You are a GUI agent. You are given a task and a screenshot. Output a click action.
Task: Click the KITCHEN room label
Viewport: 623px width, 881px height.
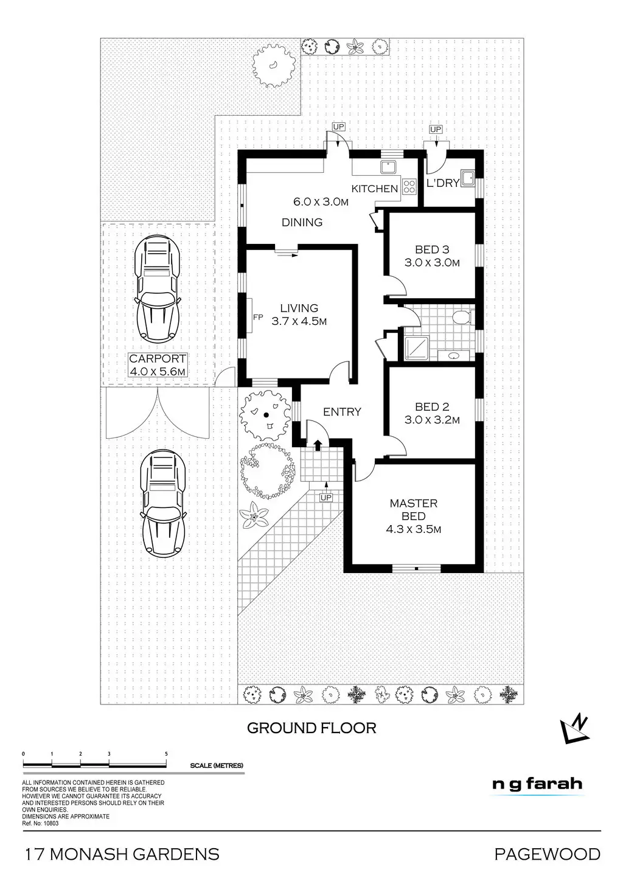point(375,189)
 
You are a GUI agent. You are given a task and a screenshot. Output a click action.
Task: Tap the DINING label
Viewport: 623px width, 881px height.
point(302,223)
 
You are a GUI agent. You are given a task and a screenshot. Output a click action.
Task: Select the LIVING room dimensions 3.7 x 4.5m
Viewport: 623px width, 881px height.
point(299,321)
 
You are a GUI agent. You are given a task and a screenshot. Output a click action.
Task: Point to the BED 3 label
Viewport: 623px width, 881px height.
point(431,249)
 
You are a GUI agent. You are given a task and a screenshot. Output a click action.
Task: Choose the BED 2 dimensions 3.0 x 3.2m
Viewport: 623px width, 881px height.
point(431,420)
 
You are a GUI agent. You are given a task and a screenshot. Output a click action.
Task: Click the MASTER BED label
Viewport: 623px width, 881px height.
point(413,510)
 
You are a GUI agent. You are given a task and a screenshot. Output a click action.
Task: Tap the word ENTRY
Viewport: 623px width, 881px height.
point(342,412)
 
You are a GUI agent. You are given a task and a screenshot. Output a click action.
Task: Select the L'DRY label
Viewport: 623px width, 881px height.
point(443,183)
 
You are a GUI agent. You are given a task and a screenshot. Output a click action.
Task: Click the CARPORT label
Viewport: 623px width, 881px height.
point(158,359)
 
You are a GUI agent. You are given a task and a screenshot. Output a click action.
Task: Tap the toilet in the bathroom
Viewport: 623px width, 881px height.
point(463,316)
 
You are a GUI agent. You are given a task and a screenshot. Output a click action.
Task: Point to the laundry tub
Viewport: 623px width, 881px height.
point(468,178)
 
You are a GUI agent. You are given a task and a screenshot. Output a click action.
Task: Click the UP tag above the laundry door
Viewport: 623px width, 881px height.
point(436,130)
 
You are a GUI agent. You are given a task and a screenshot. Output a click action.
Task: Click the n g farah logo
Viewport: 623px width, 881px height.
point(537,784)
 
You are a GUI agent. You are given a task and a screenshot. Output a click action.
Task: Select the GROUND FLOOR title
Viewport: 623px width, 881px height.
point(311,728)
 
